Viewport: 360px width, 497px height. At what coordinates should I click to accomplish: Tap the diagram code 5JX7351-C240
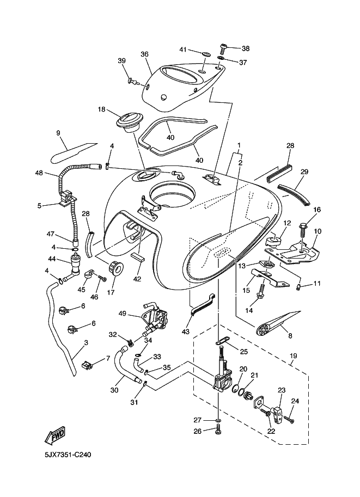click(x=68, y=455)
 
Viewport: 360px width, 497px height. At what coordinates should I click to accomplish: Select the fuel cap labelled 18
click(x=128, y=124)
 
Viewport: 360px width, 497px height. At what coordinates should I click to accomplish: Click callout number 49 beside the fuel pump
click(x=123, y=314)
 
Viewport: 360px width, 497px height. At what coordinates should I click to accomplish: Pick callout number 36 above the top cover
click(x=144, y=54)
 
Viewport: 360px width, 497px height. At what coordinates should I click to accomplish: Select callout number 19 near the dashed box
click(x=293, y=356)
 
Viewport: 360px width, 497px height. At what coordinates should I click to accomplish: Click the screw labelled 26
click(x=218, y=431)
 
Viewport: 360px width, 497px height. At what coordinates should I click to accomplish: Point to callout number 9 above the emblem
click(x=58, y=133)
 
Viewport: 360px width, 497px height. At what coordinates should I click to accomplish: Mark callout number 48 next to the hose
click(x=39, y=173)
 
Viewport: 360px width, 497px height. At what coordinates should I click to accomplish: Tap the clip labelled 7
click(x=87, y=365)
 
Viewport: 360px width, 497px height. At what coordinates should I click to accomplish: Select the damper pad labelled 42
click(x=138, y=256)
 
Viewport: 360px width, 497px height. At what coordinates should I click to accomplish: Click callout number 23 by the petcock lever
click(x=282, y=390)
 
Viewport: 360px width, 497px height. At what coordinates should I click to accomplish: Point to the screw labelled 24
click(x=289, y=419)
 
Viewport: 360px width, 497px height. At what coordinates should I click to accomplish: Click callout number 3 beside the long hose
click(x=86, y=343)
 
